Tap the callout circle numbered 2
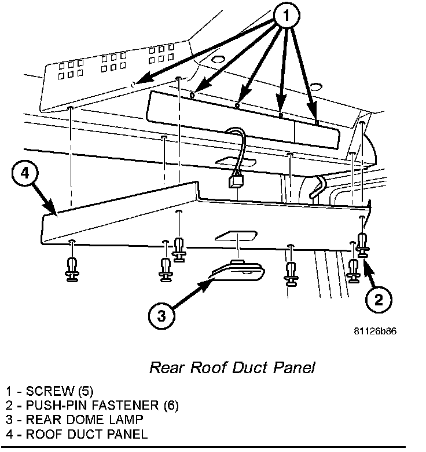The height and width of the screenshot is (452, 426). click(378, 299)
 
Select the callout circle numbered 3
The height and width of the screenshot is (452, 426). click(160, 316)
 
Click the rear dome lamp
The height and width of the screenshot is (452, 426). click(240, 271)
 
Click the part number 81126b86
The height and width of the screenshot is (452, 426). click(376, 332)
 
